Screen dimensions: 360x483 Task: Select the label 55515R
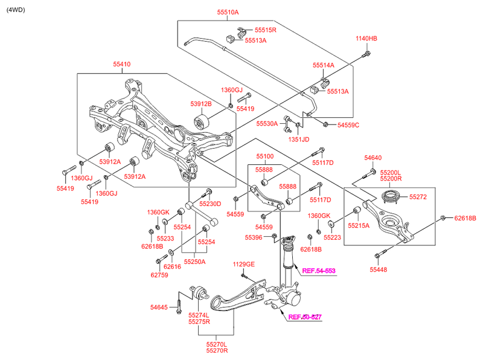pos(265,30)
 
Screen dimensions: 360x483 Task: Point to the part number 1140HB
pos(366,39)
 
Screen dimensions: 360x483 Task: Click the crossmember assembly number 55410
pos(121,64)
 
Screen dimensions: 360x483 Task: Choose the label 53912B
pos(200,104)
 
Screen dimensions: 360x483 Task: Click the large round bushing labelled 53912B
pos(202,121)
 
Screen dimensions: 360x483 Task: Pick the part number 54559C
pos(348,125)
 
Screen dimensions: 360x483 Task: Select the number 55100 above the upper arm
pos(264,156)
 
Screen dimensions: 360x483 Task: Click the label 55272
pos(418,197)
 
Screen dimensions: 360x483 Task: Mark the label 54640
pos(373,158)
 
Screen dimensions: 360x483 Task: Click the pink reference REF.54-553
pos(319,271)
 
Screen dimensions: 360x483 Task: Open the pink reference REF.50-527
pos(304,317)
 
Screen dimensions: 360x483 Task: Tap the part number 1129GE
pos(244,264)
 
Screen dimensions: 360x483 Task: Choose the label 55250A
pos(195,262)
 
